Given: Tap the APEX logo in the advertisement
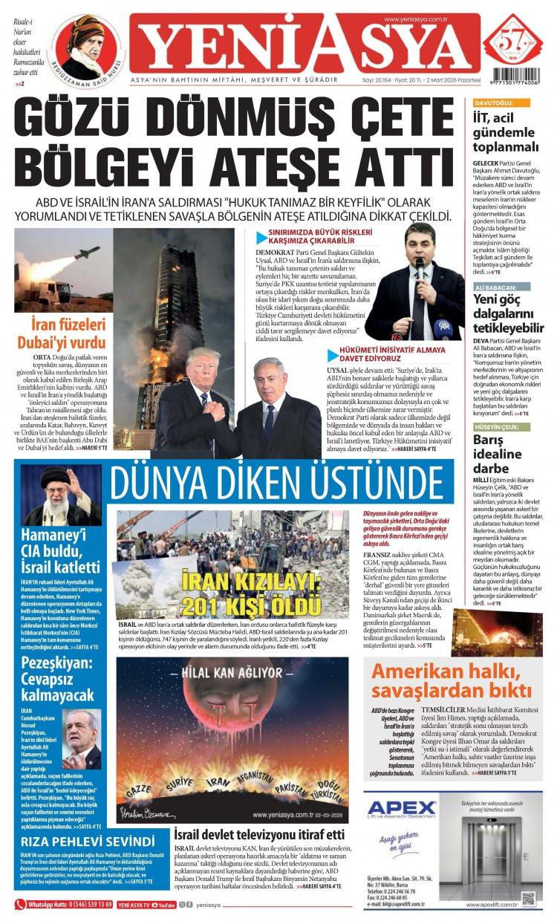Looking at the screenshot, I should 402,807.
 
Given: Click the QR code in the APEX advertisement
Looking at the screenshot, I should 528,898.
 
